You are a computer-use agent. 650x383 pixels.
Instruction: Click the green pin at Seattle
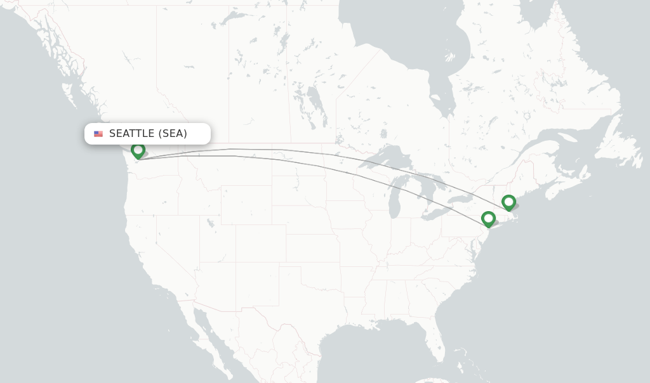[x=138, y=150]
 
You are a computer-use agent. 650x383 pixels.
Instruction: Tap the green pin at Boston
[x=508, y=202]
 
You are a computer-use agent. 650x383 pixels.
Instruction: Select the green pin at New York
[x=488, y=218]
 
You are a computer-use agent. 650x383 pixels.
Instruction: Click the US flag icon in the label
[x=98, y=134]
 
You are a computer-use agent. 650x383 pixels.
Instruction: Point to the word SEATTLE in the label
[x=131, y=134]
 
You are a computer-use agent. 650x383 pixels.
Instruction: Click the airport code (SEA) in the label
[x=173, y=134]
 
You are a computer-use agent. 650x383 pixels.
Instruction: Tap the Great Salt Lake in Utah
[x=210, y=223]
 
